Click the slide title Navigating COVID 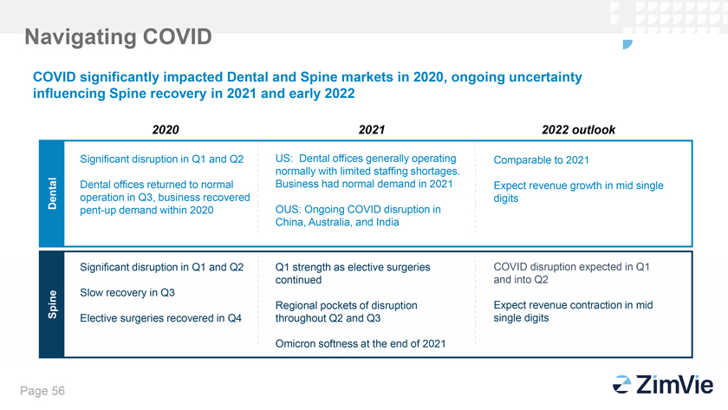118,37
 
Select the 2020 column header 166,129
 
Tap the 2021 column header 372,129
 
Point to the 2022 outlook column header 579,129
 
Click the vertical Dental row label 52,193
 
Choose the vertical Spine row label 52,304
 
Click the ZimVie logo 663,385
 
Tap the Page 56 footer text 42,391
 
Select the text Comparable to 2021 541,160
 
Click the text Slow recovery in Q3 127,293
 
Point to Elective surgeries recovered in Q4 160,318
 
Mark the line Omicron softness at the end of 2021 361,344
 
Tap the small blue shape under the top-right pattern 627,44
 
